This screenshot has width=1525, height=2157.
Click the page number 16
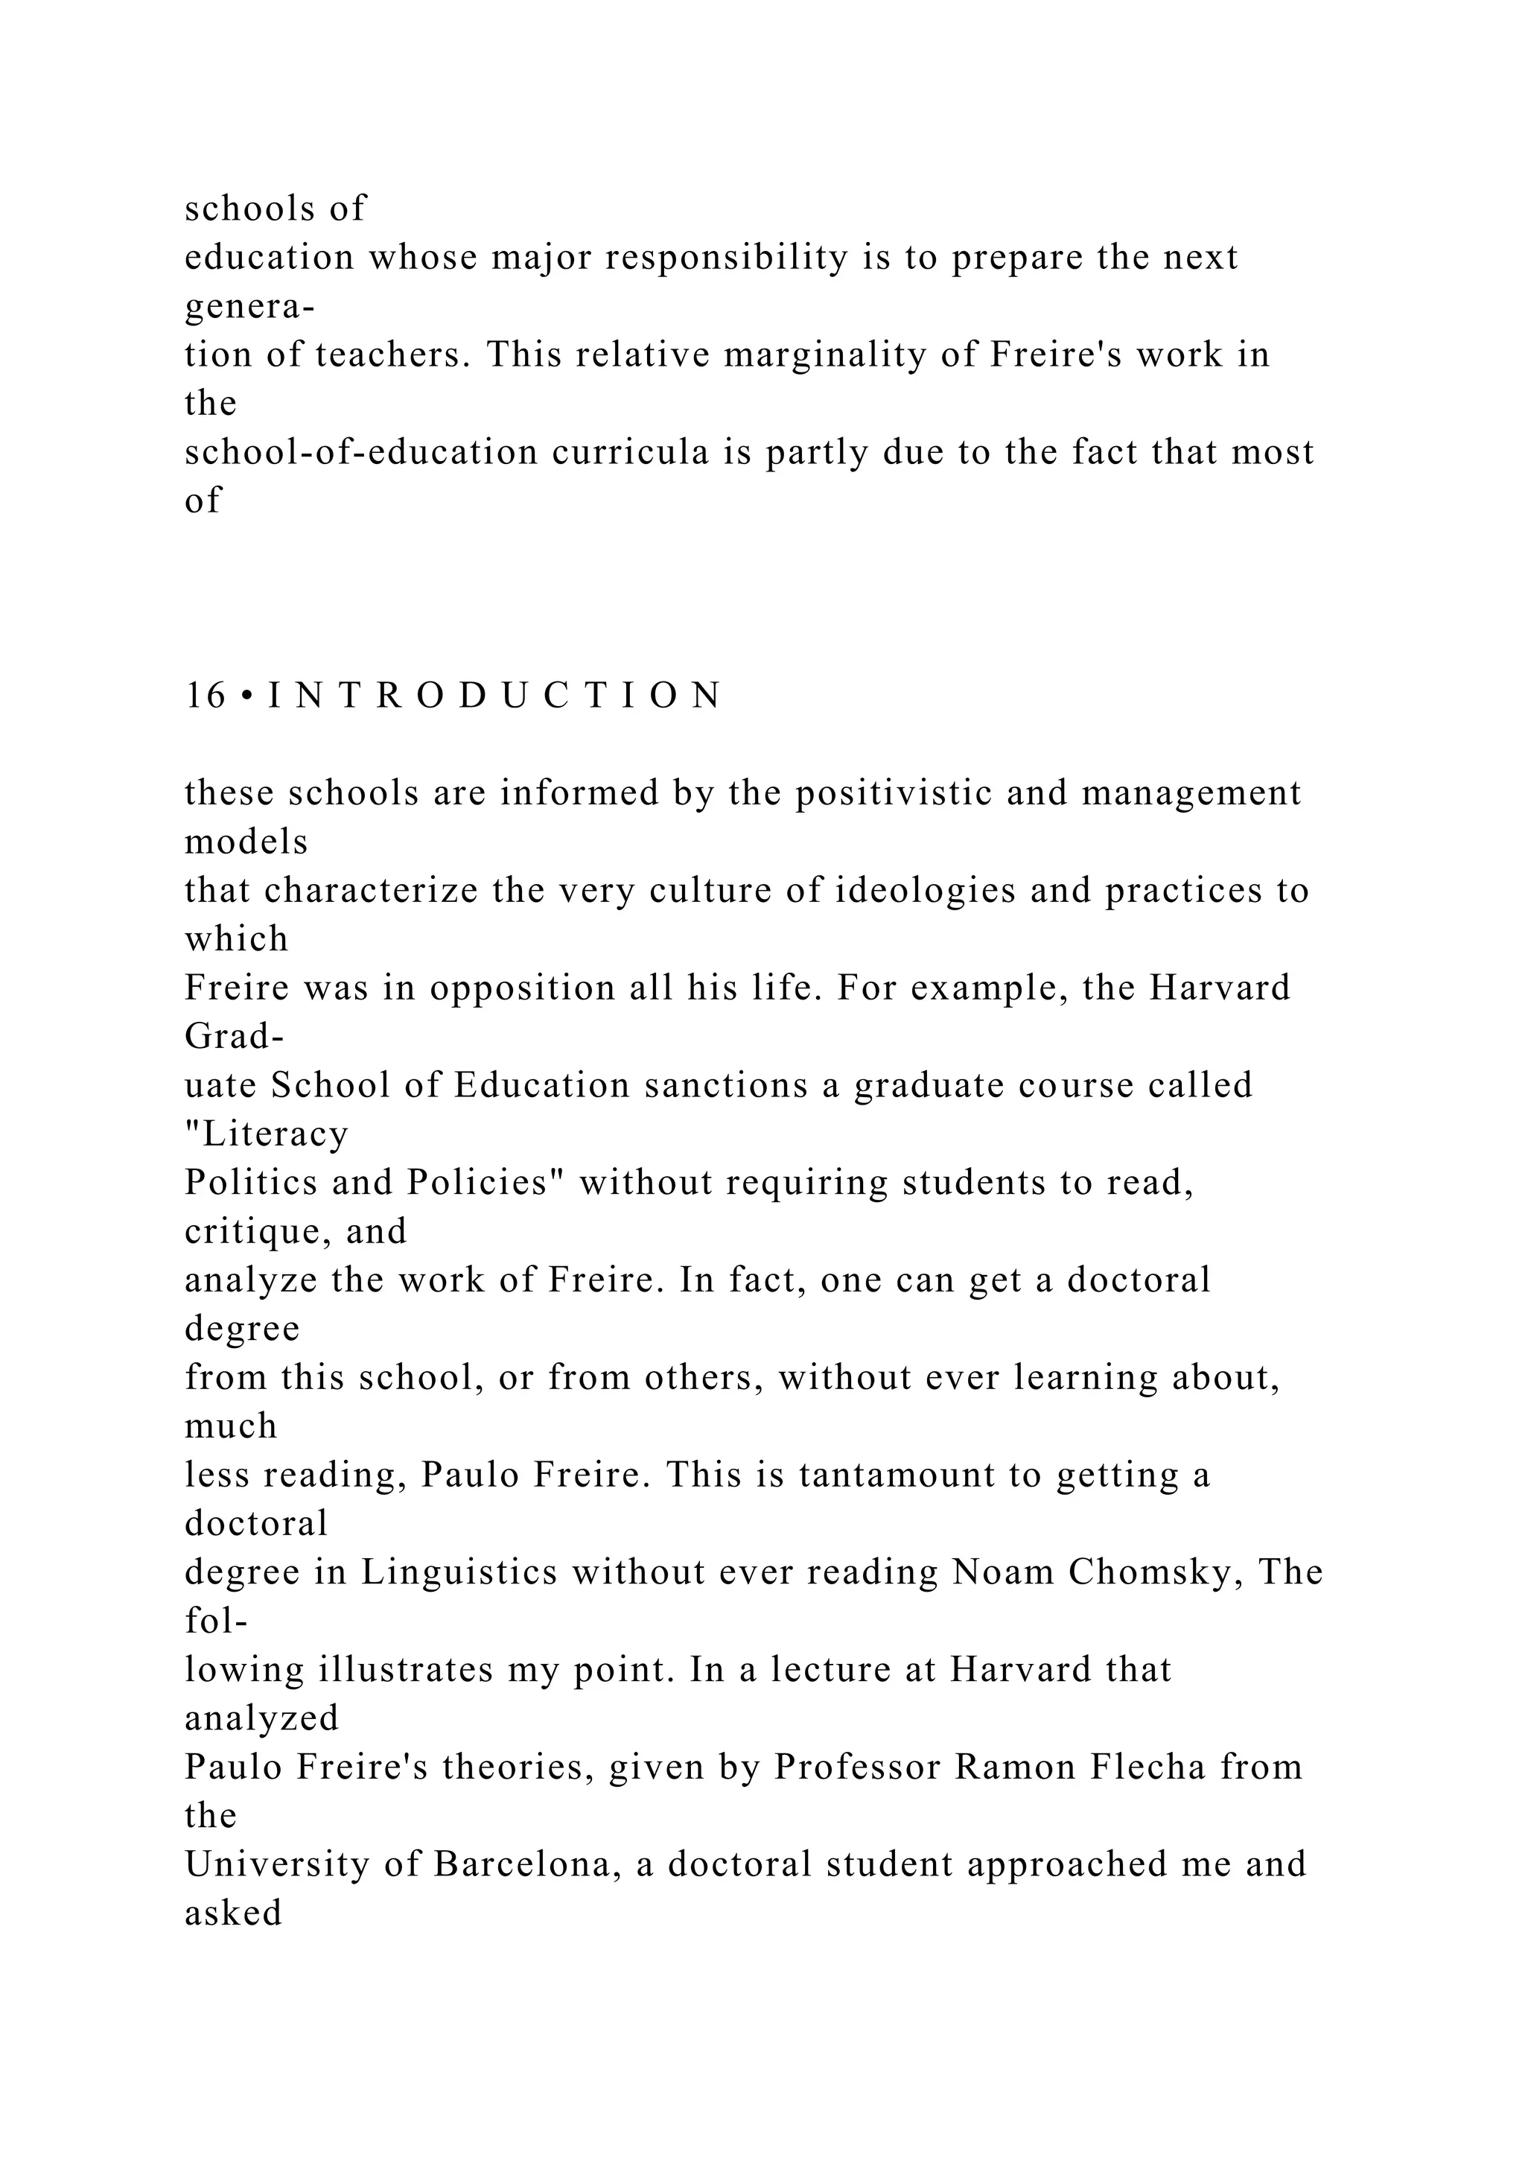(205, 696)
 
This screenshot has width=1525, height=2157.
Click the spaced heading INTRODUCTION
(495, 696)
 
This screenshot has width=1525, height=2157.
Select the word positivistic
(894, 794)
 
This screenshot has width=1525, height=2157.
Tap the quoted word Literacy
(267, 1135)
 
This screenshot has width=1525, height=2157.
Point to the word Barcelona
(526, 1865)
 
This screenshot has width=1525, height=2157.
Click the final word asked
(233, 1913)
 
